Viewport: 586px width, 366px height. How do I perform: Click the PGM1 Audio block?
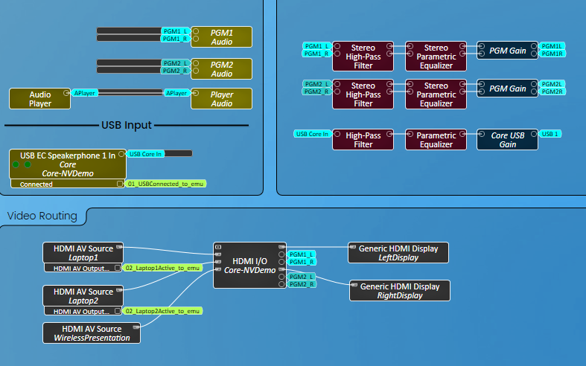coord(222,37)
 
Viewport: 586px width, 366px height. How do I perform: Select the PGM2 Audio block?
coord(222,68)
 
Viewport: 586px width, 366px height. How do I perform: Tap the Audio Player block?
coord(40,99)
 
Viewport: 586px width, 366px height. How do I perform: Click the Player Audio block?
coord(222,99)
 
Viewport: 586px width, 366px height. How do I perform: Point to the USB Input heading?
coord(127,125)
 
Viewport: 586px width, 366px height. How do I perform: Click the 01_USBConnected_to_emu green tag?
coord(166,182)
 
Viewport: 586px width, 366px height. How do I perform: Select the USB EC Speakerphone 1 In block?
coord(68,164)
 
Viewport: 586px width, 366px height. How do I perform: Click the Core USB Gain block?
coord(509,140)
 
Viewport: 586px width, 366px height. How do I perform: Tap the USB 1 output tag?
coord(551,134)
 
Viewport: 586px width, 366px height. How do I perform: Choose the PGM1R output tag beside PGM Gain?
coord(552,54)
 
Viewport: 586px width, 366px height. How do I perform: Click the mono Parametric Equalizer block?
coord(436,140)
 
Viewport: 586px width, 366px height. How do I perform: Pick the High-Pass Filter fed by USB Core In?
coord(363,140)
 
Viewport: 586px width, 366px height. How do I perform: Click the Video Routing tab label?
coord(42,216)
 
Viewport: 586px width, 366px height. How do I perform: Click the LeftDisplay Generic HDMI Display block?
coord(398,253)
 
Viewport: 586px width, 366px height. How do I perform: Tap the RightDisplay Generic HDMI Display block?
coord(400,291)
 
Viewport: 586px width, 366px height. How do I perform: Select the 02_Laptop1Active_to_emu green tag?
coord(162,268)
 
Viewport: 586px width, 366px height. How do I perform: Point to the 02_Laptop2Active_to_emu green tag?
coord(162,311)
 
